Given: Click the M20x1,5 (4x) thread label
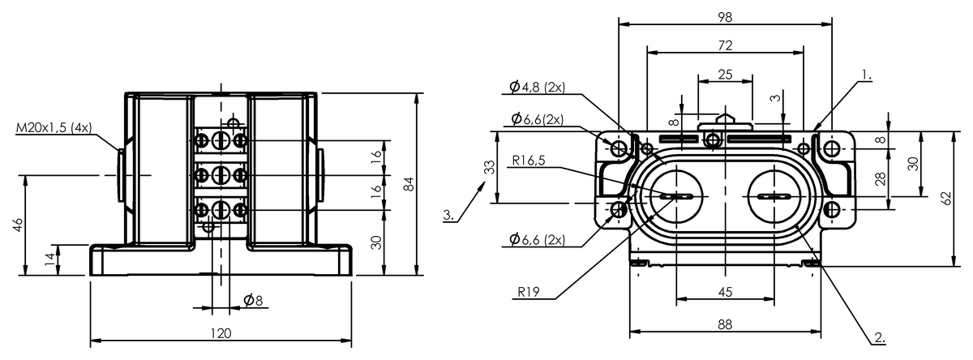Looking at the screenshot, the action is tap(54, 127).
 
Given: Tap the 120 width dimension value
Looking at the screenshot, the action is tap(221, 333).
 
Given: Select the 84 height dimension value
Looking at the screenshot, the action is tap(409, 184).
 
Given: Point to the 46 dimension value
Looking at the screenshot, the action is tap(18, 225).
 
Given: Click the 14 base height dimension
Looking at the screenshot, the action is tap(51, 259).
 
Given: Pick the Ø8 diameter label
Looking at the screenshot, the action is tap(253, 300).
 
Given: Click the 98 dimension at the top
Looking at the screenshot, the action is tap(725, 17).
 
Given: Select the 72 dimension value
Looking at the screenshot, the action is tap(725, 45).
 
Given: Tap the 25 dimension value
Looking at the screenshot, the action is tap(725, 75).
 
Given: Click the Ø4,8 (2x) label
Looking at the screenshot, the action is tap(538, 87).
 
